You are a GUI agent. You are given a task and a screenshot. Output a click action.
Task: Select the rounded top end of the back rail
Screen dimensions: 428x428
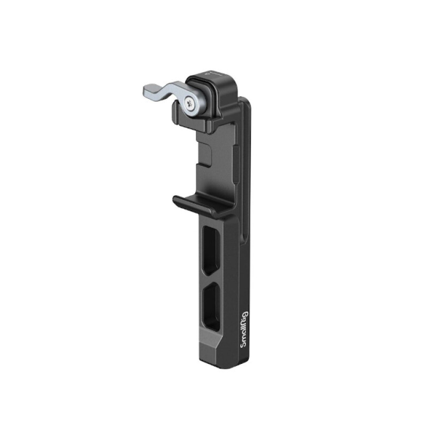(243, 102)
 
